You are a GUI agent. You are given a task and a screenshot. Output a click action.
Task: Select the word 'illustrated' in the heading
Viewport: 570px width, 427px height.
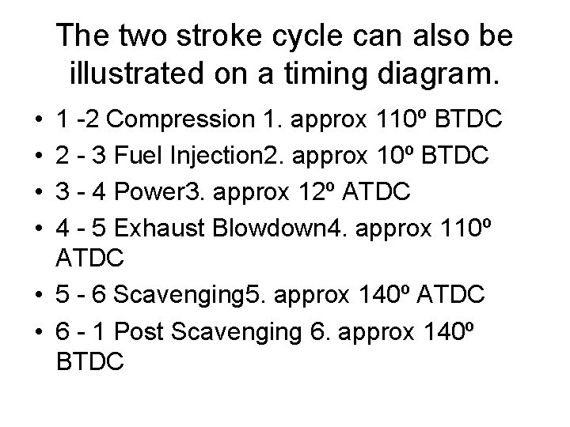point(139,75)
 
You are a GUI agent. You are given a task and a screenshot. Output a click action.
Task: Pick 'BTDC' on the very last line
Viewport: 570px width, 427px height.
point(90,362)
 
